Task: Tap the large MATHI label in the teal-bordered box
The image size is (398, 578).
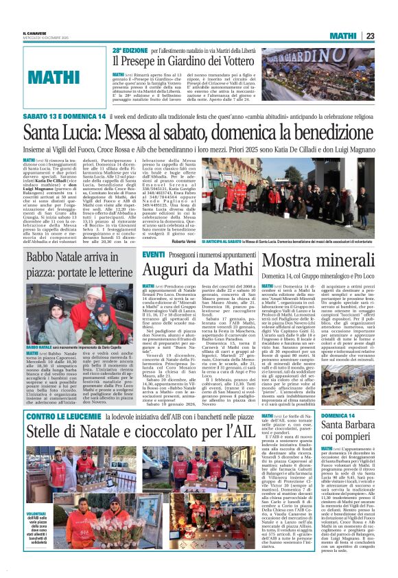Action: point(54,77)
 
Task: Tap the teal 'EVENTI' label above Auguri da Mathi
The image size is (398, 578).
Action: point(152,255)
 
